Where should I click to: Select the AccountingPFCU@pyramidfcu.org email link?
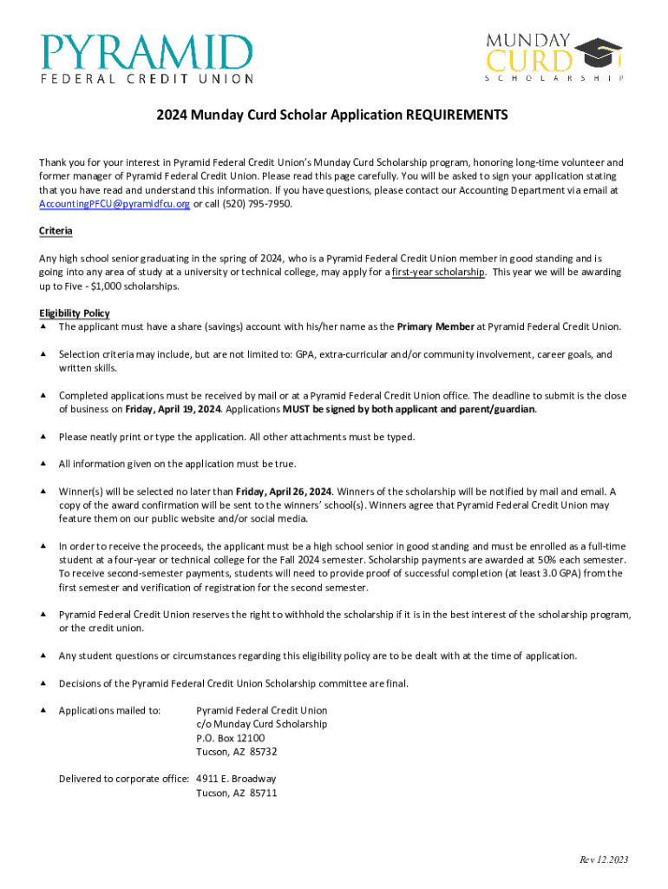point(115,203)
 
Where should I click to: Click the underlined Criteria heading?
point(56,231)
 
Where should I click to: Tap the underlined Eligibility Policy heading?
point(75,313)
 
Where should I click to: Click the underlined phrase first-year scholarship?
point(438,273)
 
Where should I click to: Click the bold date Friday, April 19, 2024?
point(173,410)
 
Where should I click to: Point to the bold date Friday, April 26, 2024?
point(284,491)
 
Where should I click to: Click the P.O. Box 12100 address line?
point(231,738)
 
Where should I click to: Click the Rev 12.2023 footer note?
point(604,859)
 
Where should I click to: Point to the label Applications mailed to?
point(109,711)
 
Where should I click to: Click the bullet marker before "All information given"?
point(43,464)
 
